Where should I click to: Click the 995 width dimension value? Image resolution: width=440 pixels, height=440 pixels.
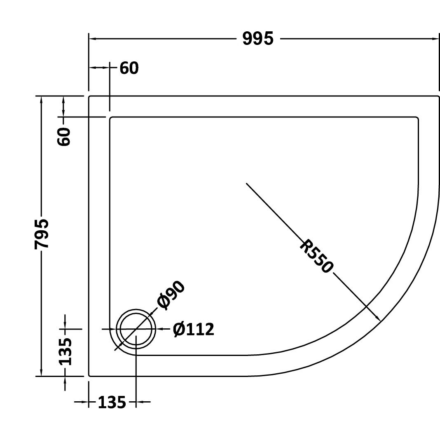(257, 39)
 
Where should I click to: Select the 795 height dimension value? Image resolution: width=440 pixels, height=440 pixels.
(42, 234)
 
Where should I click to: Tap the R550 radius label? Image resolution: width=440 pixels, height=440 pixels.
(316, 256)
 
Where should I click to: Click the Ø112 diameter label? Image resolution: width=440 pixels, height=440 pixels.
(193, 329)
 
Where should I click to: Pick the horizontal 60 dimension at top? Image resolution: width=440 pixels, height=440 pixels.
(129, 68)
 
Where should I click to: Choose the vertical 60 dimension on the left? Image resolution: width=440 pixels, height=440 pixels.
(64, 136)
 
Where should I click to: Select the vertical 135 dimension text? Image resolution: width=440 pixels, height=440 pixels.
(65, 351)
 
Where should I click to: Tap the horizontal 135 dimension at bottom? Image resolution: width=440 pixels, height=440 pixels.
(112, 403)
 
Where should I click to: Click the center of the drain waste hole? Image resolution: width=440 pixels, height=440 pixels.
(136, 329)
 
